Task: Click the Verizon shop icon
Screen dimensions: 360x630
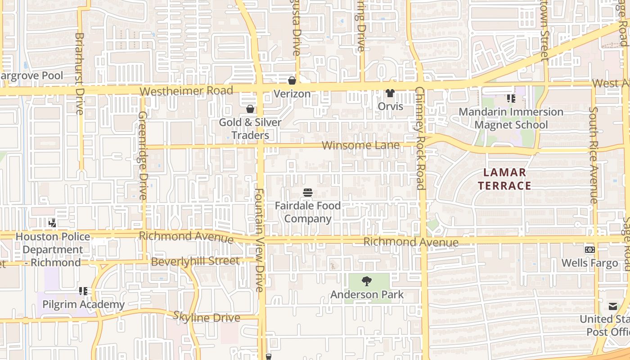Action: point(292,81)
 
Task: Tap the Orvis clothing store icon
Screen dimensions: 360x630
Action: point(390,94)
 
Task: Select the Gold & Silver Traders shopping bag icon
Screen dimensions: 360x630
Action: point(250,109)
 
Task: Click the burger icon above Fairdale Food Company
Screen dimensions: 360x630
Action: point(308,193)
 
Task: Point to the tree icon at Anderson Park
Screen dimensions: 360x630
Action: point(367,281)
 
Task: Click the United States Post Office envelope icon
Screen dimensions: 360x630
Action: point(613,306)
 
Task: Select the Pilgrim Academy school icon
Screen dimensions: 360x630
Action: point(83,291)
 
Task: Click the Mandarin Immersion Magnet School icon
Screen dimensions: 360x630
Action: point(511,98)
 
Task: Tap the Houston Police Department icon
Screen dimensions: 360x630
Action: point(52,223)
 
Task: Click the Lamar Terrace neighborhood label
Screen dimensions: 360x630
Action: point(504,179)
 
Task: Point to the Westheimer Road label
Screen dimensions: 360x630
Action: point(186,91)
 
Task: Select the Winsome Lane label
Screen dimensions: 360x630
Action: point(361,145)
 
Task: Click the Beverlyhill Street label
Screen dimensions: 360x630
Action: point(195,261)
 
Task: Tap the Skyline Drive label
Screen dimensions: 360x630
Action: point(207,317)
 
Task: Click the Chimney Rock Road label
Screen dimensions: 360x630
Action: point(420,138)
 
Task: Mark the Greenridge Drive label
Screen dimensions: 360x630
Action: point(143,156)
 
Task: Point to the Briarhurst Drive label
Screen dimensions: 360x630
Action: point(80,73)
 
